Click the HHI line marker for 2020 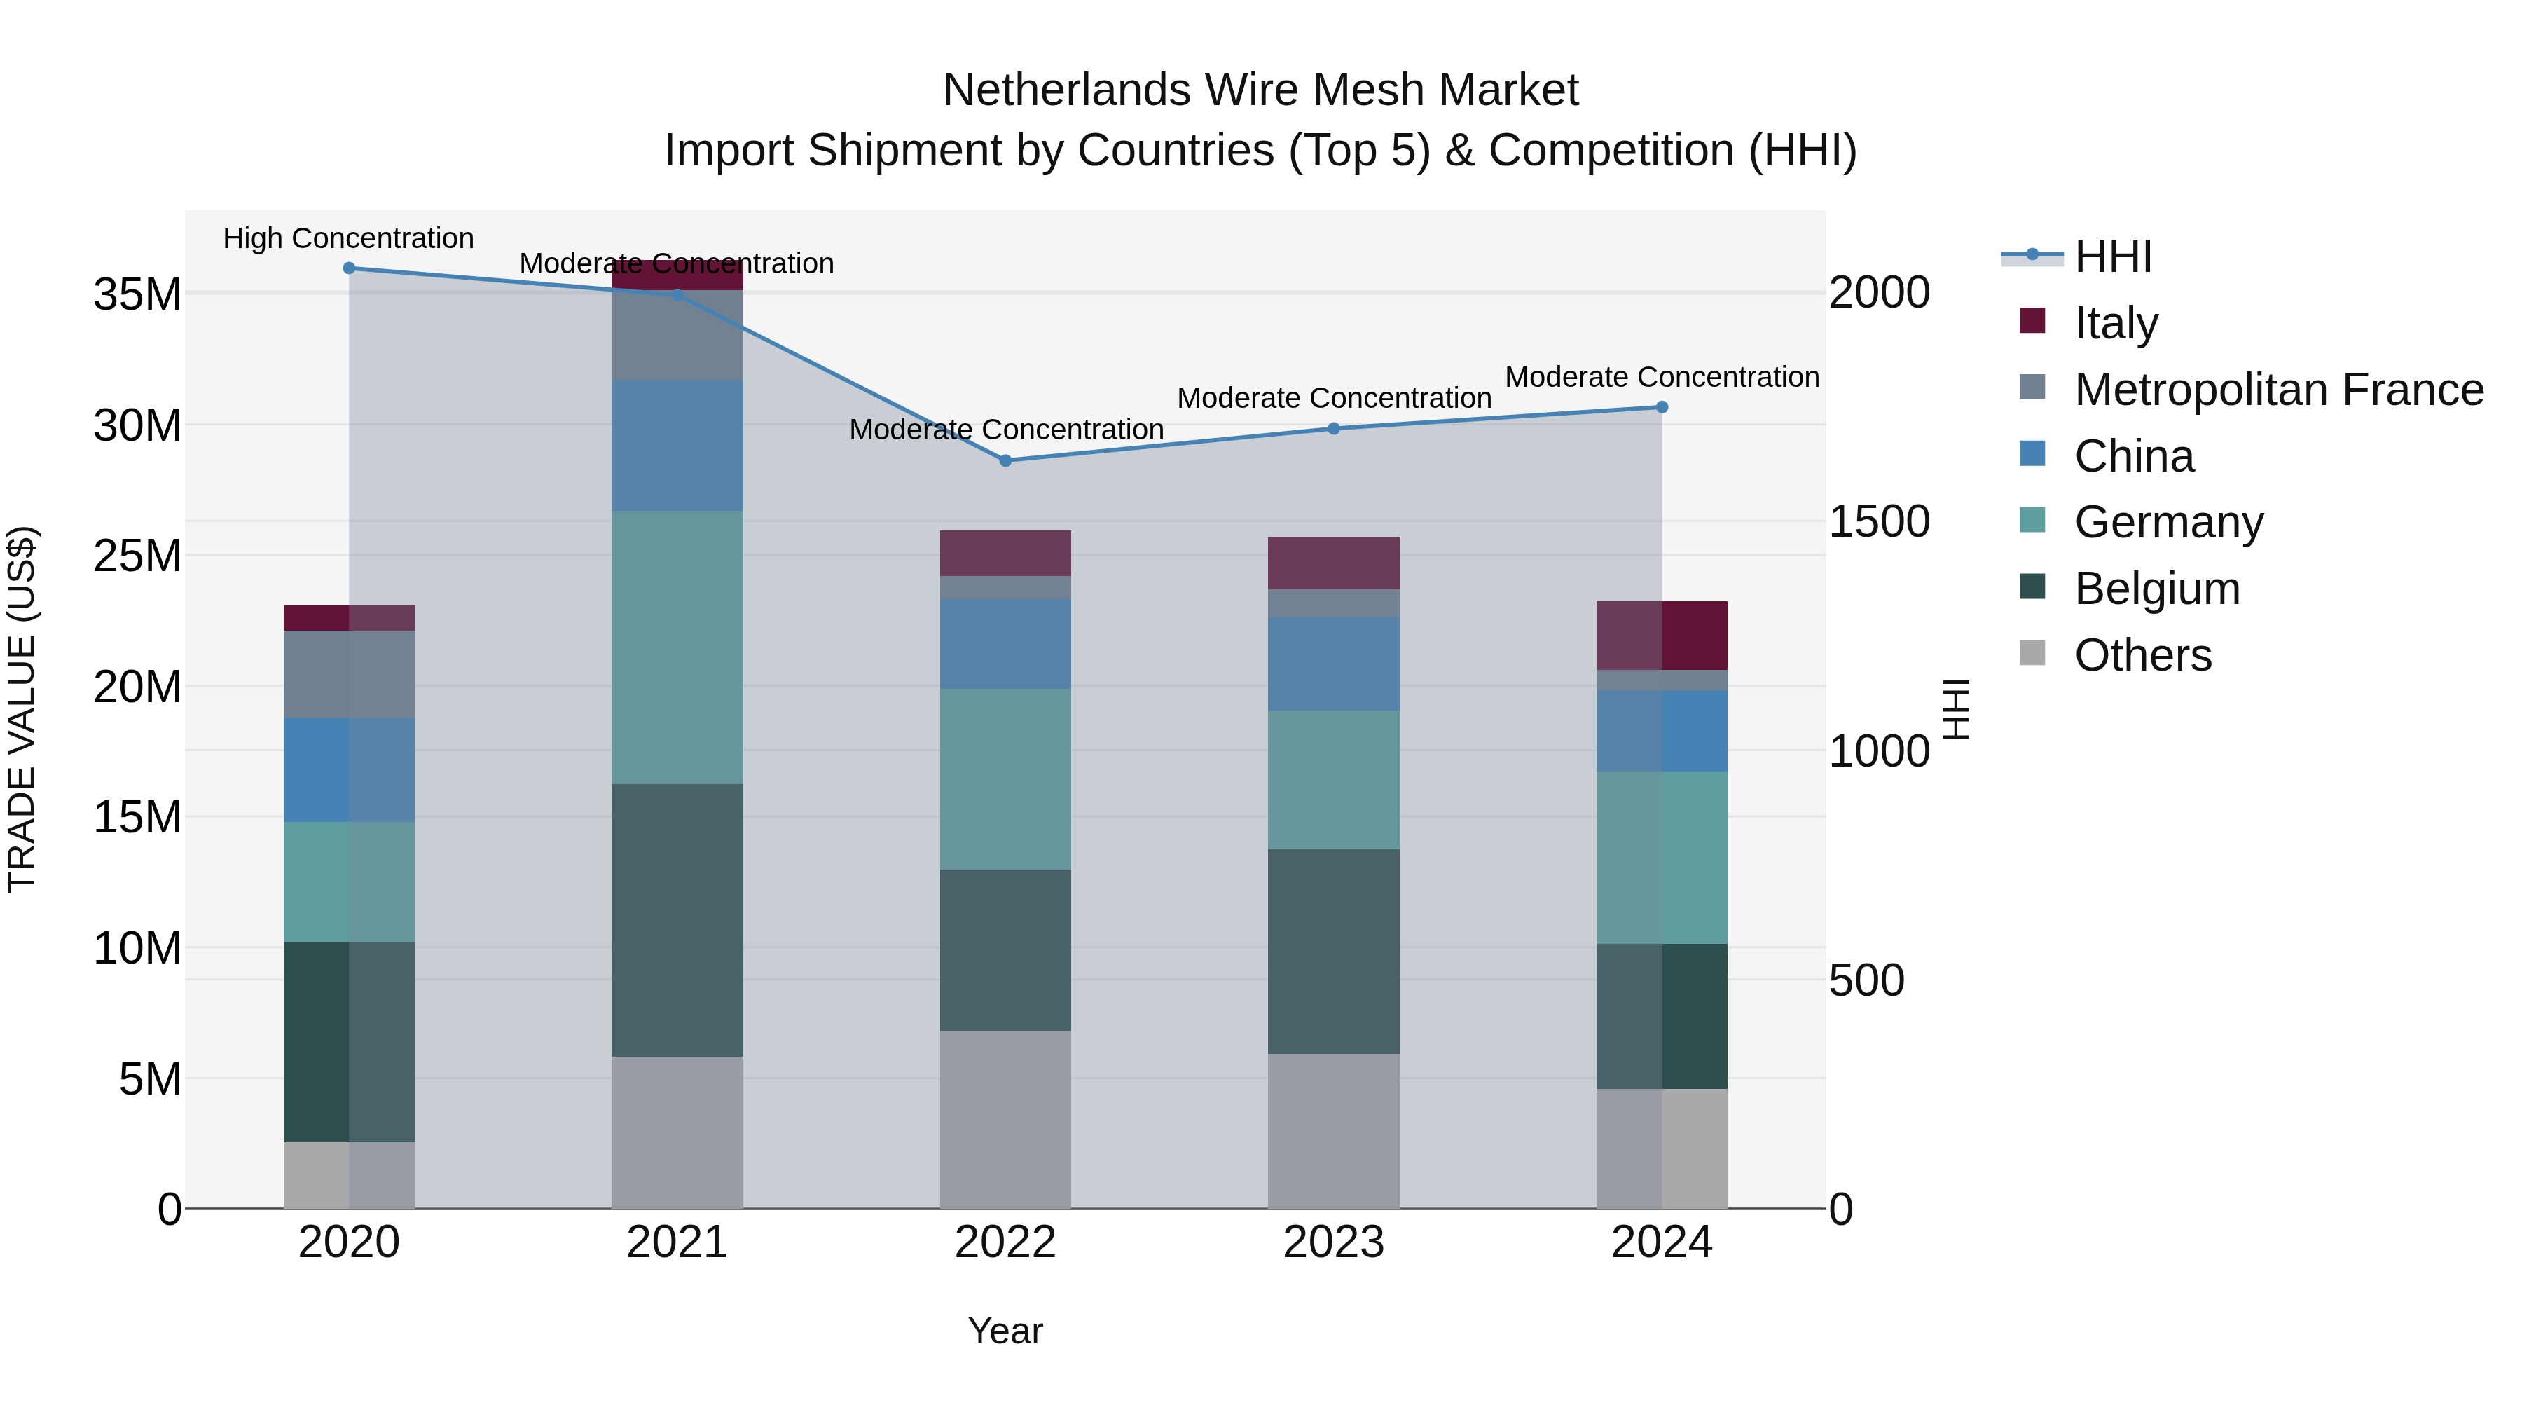[349, 268]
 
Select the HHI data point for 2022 [1005, 460]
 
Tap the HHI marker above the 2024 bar [1662, 407]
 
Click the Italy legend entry [2115, 322]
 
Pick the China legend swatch [2032, 454]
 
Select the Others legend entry [2142, 654]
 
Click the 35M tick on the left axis [137, 294]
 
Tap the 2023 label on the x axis [1333, 1242]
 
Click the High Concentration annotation [349, 238]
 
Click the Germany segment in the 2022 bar [1005, 779]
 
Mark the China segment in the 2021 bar [677, 446]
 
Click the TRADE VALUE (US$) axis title [22, 709]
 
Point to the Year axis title [1005, 1331]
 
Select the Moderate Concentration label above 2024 [1662, 377]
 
